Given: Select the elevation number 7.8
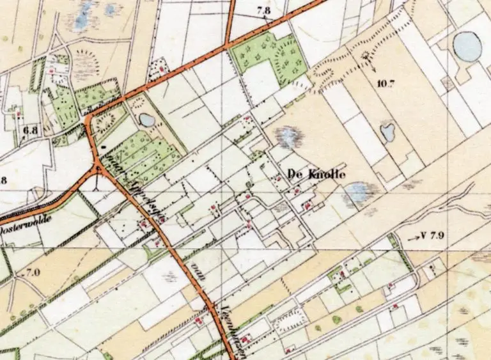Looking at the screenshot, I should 263,11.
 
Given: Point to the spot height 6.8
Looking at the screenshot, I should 30,132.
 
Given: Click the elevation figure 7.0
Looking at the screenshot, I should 32,273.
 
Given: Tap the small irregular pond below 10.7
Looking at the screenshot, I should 387,132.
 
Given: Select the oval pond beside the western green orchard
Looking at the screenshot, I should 146,120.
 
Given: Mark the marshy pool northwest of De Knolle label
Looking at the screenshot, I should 288,136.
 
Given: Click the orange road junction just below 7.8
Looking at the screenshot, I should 228,46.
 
